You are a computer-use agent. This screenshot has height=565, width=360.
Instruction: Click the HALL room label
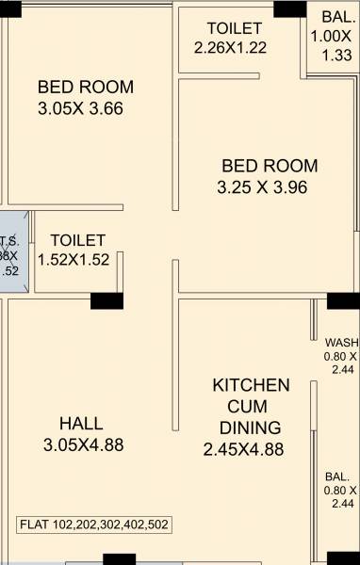(x=81, y=424)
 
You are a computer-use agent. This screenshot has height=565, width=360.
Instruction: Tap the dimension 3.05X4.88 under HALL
(x=84, y=444)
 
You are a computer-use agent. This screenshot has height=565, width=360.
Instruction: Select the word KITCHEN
(x=251, y=385)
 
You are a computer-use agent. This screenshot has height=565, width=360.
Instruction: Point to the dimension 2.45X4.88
(x=243, y=450)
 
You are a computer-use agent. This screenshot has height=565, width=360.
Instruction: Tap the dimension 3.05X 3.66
(x=81, y=108)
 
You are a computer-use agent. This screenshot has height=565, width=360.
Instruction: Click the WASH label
(x=341, y=342)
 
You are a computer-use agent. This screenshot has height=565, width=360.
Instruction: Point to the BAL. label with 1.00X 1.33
(x=337, y=17)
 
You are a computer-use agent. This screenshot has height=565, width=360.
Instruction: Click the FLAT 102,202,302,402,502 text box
(x=94, y=525)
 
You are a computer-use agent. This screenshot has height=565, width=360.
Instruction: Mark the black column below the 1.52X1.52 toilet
(x=106, y=301)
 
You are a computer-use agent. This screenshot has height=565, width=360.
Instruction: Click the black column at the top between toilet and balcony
(x=289, y=9)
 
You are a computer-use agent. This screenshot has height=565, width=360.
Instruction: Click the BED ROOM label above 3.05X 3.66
(x=86, y=87)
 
